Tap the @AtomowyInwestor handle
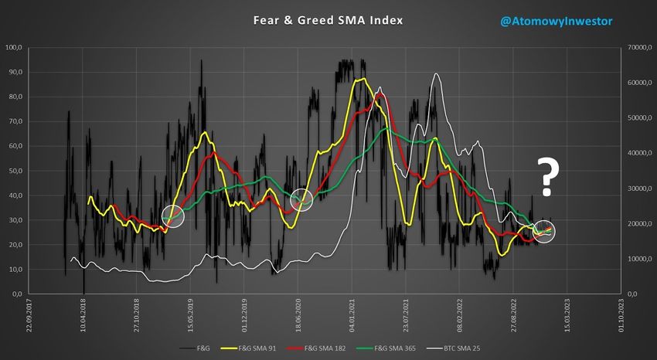tap(557, 22)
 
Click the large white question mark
tap(549, 175)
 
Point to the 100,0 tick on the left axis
tap(13, 48)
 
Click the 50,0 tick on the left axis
tap(15, 171)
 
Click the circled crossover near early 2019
tap(172, 216)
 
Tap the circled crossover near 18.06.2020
tap(301, 200)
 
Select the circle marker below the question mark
tap(544, 231)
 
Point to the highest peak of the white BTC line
tap(437, 74)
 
